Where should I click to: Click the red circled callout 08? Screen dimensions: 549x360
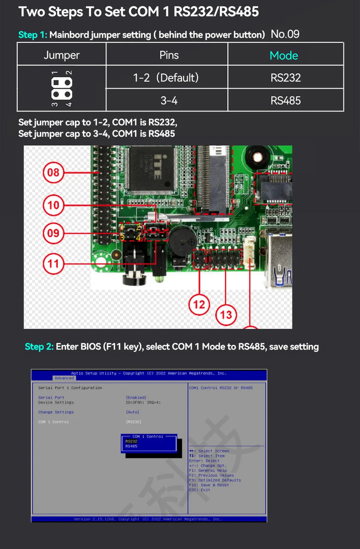point(53,172)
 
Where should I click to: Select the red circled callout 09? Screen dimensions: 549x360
point(53,233)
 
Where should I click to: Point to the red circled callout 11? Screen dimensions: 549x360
point(53,264)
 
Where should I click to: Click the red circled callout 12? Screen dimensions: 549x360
point(199,305)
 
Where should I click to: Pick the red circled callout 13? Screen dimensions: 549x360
point(226,315)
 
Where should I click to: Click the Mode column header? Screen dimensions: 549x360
point(284,55)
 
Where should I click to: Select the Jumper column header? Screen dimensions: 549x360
point(62,55)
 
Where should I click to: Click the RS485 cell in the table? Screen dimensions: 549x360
point(286,101)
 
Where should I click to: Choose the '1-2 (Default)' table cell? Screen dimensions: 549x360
point(165,77)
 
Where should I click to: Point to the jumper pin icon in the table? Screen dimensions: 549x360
point(61,88)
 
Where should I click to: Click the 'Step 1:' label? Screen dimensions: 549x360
point(33,35)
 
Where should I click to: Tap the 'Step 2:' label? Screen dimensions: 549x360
point(39,347)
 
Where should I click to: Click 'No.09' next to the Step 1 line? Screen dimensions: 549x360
point(285,34)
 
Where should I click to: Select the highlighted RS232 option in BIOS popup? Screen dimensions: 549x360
point(132,441)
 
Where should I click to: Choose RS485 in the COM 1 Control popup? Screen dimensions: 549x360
point(132,446)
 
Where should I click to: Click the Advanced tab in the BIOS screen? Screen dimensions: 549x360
point(64,378)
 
